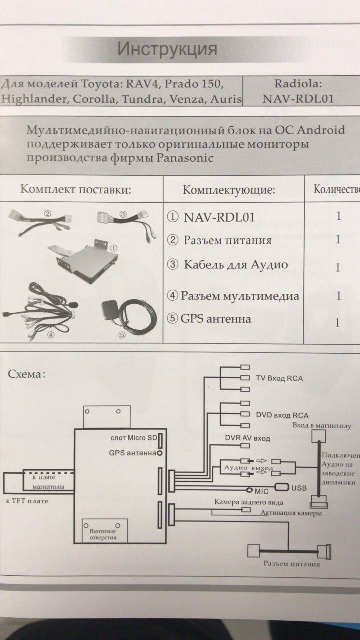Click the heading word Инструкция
(167, 49)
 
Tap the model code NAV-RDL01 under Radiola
(298, 98)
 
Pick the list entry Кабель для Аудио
(236, 264)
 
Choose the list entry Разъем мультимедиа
(240, 295)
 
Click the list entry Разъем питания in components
(227, 240)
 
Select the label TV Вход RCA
(279, 378)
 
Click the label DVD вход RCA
(282, 415)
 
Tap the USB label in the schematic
(299, 487)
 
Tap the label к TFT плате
(27, 501)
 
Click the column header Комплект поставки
(75, 190)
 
